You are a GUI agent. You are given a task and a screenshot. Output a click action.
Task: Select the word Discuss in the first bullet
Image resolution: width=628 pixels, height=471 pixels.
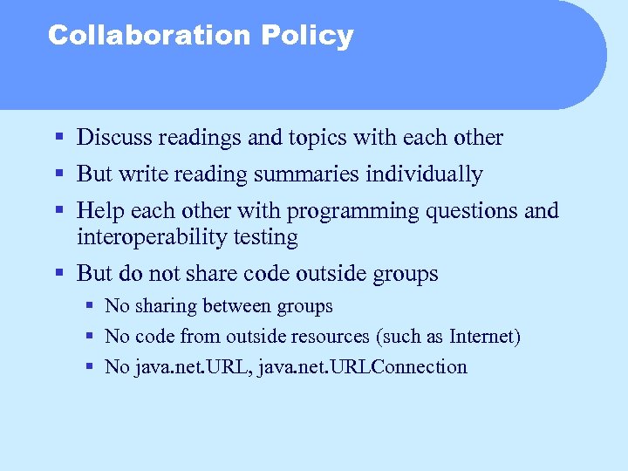(x=114, y=138)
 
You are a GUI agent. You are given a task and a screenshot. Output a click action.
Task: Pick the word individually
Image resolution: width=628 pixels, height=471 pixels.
(x=424, y=174)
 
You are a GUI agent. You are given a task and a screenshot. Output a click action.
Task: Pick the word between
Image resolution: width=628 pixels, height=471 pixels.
(x=237, y=306)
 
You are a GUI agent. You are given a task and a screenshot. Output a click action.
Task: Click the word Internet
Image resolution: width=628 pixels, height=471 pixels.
(x=482, y=337)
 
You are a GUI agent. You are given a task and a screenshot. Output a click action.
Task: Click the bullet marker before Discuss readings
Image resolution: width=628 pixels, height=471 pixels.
(x=58, y=138)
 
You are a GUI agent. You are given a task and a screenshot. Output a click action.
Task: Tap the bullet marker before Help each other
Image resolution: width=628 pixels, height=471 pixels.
(x=58, y=211)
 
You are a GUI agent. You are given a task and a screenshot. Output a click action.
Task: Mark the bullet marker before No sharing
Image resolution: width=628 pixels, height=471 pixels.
(x=90, y=307)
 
